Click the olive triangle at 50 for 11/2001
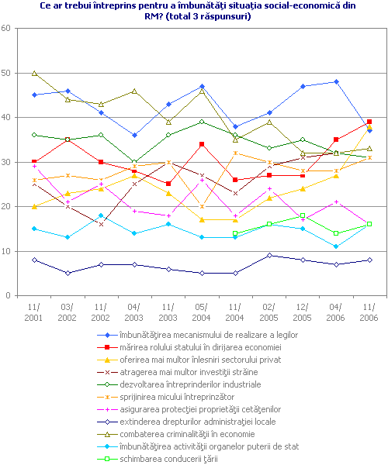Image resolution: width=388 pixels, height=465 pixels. (x=34, y=73)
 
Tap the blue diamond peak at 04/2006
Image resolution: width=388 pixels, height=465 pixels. (x=336, y=81)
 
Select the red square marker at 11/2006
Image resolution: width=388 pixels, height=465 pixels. (x=369, y=122)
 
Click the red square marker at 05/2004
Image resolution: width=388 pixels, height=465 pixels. (x=202, y=144)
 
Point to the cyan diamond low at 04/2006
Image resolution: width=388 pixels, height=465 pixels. (x=336, y=246)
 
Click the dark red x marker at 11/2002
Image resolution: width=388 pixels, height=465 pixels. (x=101, y=224)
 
